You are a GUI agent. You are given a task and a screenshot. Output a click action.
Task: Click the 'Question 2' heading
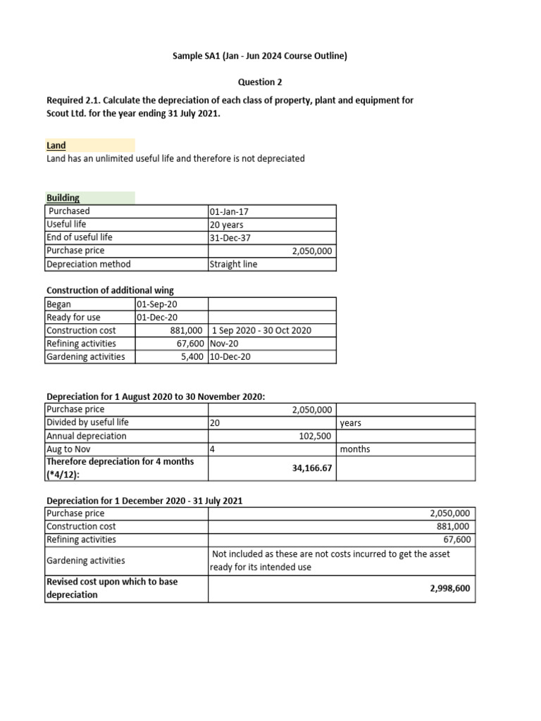pos(260,82)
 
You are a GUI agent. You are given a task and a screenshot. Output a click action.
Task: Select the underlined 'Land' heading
pos(56,145)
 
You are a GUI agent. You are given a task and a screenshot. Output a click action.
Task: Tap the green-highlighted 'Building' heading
pos(63,198)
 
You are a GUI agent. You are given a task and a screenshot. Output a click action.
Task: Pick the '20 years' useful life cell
pos(227,225)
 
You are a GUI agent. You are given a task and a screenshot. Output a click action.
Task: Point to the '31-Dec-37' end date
pos(229,237)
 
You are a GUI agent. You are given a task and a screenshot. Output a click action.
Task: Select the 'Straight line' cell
pos(234,264)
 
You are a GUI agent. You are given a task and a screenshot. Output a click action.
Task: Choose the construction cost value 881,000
pos(187,330)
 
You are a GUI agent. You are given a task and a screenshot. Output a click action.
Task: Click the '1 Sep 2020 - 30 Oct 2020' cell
pos(261,330)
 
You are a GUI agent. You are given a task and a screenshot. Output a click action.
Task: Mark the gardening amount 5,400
pos(192,356)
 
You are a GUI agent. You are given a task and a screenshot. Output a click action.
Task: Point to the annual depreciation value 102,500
pos(316,436)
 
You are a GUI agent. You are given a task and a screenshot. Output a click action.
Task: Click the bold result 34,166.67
pos(311,468)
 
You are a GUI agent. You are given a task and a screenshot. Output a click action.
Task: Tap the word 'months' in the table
pos(355,449)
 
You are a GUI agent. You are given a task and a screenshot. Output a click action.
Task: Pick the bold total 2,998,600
pos(451,588)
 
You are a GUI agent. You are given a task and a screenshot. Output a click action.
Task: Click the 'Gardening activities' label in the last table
pos(86,560)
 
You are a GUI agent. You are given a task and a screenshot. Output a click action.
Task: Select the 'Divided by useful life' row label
pos(87,422)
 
